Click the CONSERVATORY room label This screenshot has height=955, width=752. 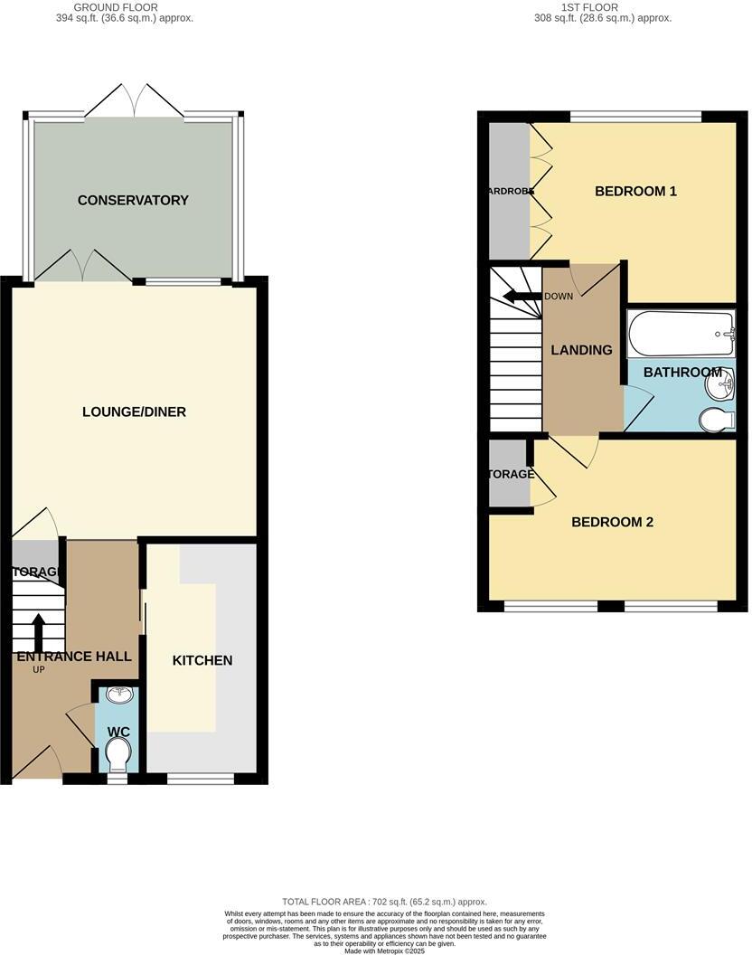[133, 200]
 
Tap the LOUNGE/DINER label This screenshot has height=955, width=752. [134, 411]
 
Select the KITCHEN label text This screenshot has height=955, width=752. [202, 660]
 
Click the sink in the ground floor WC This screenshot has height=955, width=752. [118, 695]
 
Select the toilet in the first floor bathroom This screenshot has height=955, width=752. [716, 419]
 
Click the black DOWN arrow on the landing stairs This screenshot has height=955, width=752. [522, 296]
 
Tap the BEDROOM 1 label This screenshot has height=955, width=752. [635, 191]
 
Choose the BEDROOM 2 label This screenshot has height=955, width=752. [612, 522]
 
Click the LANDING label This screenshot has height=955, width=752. [581, 350]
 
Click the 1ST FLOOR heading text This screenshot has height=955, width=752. [588, 7]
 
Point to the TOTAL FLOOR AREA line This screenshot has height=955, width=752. [384, 902]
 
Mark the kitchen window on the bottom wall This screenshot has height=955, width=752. [201, 778]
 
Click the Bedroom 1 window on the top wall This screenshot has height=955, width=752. [635, 116]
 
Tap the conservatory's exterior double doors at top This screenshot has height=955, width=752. [134, 101]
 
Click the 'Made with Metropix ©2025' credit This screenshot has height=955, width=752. [384, 950]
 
